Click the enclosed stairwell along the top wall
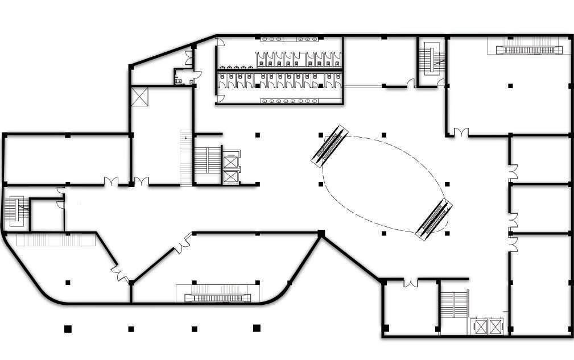[431, 59]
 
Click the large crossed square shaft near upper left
[139, 96]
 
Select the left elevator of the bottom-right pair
[482, 326]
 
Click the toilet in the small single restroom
[180, 81]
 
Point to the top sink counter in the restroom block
[290, 39]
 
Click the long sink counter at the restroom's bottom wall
[290, 101]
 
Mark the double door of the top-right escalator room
[461, 133]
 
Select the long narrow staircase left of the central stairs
[185, 158]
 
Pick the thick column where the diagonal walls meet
[321, 234]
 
